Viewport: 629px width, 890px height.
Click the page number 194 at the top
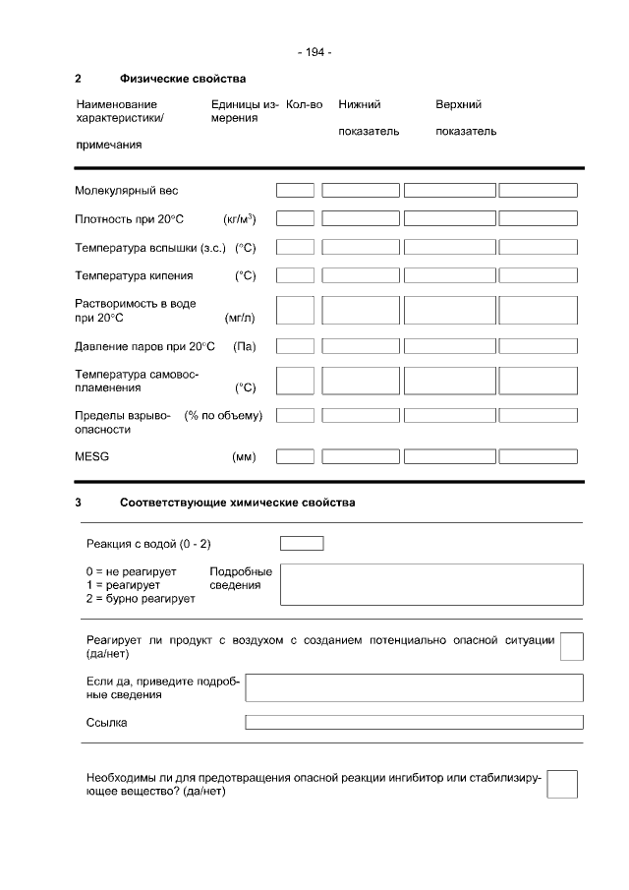(x=314, y=52)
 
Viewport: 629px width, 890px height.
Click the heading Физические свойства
(x=183, y=79)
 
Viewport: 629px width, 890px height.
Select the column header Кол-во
(x=304, y=104)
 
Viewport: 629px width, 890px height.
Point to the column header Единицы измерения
(x=244, y=111)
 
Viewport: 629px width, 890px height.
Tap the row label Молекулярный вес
(x=127, y=191)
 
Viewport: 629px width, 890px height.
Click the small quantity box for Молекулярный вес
(x=295, y=191)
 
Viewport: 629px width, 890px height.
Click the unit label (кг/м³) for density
(x=240, y=219)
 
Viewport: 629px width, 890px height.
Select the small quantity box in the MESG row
(x=295, y=456)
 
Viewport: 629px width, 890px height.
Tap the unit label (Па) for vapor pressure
(x=244, y=346)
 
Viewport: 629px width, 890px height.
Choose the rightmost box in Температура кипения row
(x=538, y=275)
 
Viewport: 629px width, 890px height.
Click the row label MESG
(x=91, y=457)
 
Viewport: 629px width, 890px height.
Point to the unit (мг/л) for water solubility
(x=240, y=318)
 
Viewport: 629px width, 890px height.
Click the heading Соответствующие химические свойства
(x=238, y=503)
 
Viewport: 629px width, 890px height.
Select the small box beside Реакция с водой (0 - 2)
(x=302, y=544)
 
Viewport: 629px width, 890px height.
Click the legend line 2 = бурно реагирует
(x=141, y=598)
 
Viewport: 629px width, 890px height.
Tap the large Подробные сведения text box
(x=431, y=584)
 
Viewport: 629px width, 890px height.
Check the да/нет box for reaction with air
(x=571, y=646)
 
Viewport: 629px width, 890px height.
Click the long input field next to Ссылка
(x=414, y=723)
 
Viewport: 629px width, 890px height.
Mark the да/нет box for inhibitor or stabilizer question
(x=561, y=784)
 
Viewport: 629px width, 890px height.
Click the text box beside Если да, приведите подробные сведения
(x=414, y=687)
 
